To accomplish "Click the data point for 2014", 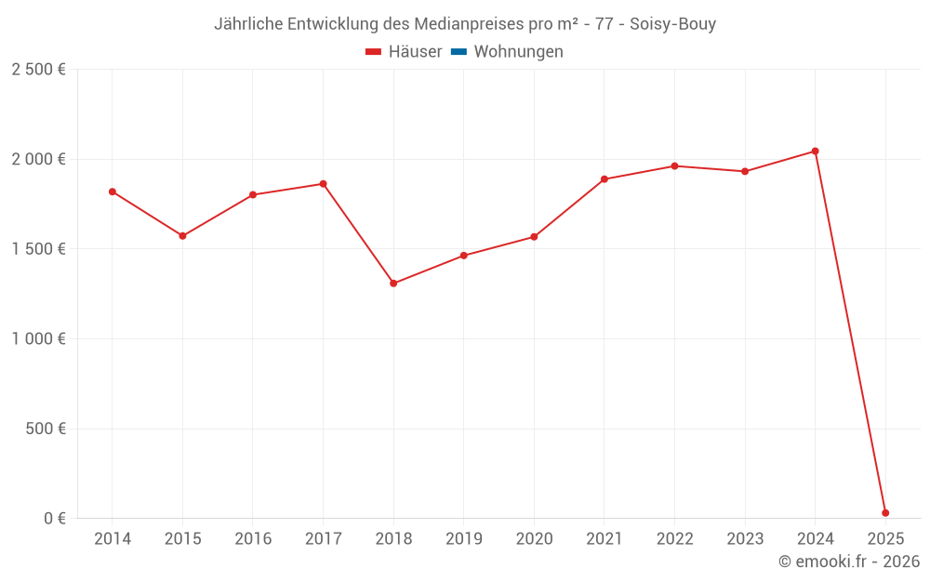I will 113,191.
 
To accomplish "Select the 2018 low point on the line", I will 393,284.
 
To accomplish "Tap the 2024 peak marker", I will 816,151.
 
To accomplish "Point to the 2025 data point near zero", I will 885,513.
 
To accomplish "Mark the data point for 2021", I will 604,179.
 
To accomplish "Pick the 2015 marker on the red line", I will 182,236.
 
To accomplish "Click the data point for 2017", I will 323,184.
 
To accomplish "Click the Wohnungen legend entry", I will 518,52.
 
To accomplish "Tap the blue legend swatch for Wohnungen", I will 458,52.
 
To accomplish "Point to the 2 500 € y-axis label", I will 38,70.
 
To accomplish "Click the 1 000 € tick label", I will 38,339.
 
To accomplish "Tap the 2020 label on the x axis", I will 534,539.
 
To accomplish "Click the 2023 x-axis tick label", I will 745,539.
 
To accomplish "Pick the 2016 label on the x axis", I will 253,539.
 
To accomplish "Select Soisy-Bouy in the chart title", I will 672,24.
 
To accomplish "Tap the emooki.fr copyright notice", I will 849,561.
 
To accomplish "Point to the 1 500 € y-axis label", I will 38,249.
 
